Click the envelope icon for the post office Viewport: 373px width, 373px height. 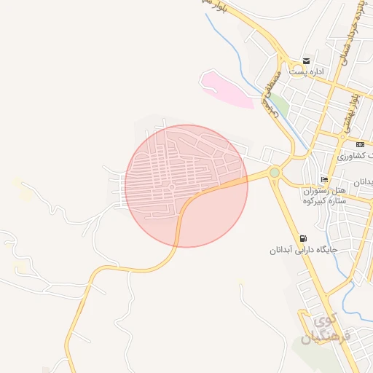(x=307, y=61)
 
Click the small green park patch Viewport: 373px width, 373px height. (x=280, y=106)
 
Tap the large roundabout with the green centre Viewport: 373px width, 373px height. (x=275, y=173)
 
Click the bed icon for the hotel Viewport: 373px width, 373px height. (x=324, y=179)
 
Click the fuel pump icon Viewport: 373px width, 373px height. (x=302, y=238)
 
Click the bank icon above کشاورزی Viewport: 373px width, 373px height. (x=360, y=144)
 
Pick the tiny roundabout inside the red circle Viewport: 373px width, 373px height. (x=170, y=187)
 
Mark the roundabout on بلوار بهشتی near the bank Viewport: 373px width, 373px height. (x=342, y=136)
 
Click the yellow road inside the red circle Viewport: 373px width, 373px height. (x=211, y=189)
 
